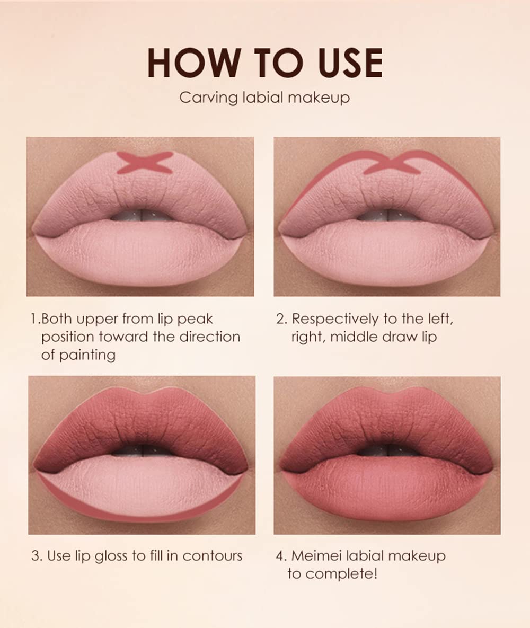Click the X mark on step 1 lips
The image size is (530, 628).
145,162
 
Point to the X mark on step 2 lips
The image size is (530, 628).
391,164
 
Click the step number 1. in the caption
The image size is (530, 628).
36,319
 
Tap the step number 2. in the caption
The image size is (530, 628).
281,319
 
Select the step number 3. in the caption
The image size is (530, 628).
36,556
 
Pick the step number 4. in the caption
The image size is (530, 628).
281,556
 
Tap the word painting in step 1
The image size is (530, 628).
87,355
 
